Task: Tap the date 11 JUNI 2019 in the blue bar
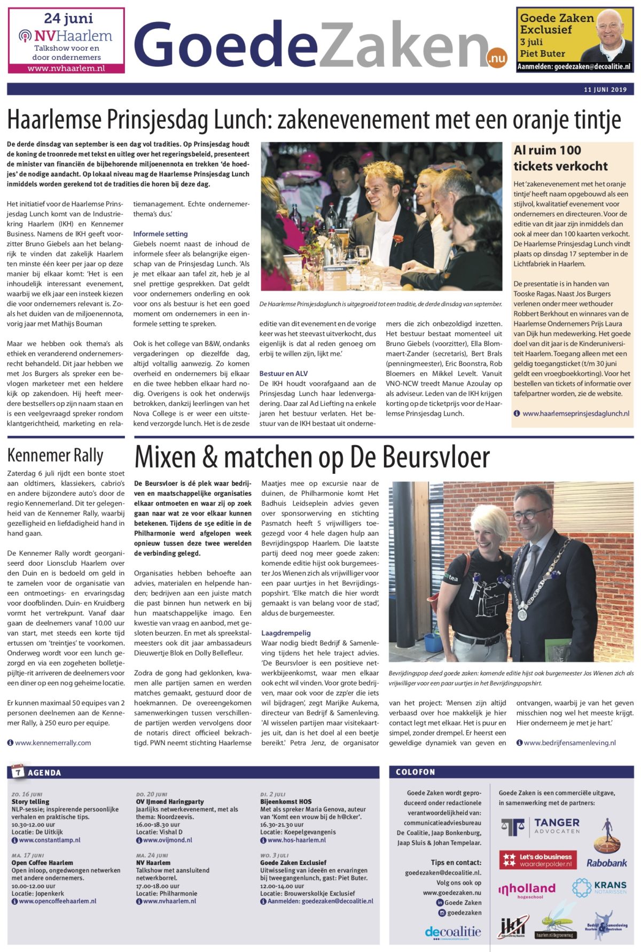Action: click(x=605, y=89)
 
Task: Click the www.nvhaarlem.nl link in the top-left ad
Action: click(x=66, y=68)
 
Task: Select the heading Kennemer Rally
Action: click(x=56, y=456)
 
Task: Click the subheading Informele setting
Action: click(x=160, y=234)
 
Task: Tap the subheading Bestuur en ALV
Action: click(x=284, y=373)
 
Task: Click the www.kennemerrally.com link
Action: click(x=53, y=743)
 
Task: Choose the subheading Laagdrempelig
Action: click(x=286, y=633)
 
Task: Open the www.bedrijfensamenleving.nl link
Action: click(x=569, y=743)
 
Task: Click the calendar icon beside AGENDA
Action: click(x=18, y=772)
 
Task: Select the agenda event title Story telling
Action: click(x=30, y=801)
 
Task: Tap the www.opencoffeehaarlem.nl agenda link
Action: click(x=58, y=901)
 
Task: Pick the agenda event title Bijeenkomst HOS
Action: click(x=286, y=801)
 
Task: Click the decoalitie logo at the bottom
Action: click(x=453, y=932)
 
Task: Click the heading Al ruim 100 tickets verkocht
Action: click(x=560, y=158)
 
